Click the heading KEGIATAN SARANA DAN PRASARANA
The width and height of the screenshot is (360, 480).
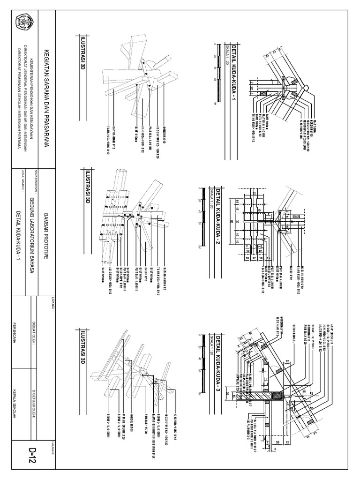click(45, 93)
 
